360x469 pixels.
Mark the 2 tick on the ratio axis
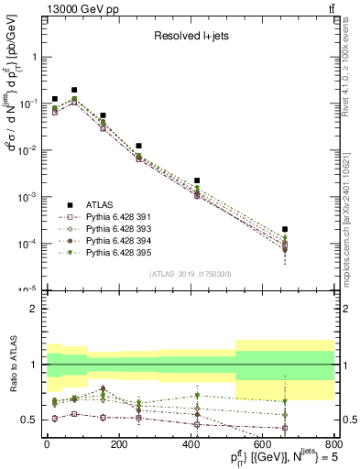pyautogui.click(x=35, y=309)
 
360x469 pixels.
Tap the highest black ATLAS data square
pyautogui.click(x=74, y=90)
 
